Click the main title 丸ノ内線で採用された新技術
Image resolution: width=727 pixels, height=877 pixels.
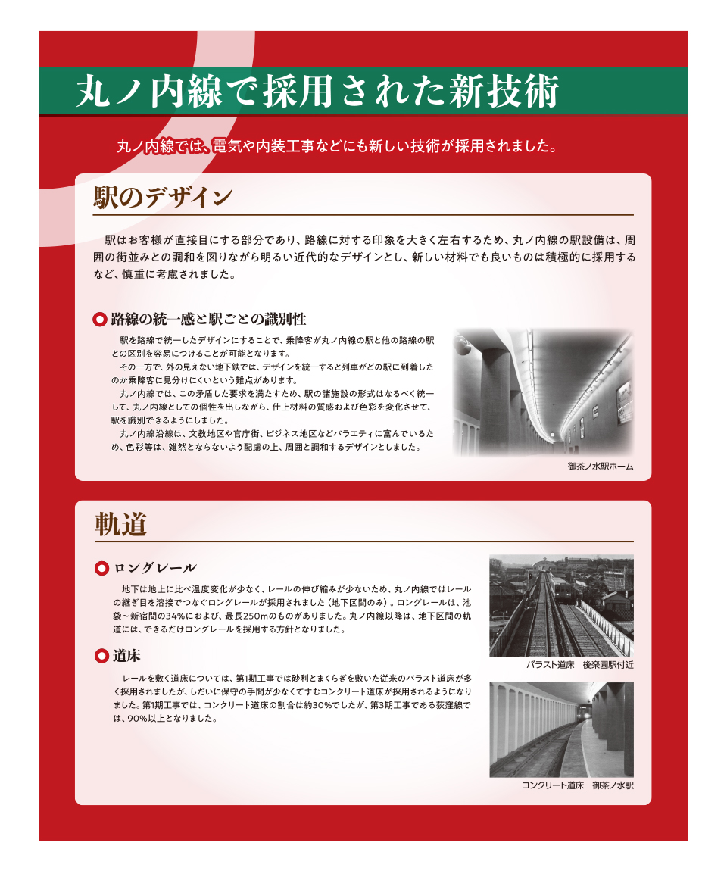[317, 91]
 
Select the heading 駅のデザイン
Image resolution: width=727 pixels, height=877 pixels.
[163, 198]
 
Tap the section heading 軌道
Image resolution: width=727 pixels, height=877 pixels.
[121, 525]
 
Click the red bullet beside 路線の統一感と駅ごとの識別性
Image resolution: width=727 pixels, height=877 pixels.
[99, 320]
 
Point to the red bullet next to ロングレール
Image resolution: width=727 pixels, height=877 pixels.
[101, 568]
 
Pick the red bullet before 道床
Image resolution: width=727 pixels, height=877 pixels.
[101, 656]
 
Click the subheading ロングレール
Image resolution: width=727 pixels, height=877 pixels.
[155, 568]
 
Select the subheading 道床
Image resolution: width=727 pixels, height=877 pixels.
[126, 656]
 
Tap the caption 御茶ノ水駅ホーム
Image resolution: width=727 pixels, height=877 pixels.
[601, 467]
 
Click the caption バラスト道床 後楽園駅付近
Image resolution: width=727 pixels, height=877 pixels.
[579, 665]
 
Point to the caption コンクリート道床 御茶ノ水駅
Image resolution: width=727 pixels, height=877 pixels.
[578, 786]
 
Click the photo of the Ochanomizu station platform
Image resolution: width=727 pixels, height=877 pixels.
[543, 392]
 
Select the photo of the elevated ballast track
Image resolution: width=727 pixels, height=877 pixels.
[561, 606]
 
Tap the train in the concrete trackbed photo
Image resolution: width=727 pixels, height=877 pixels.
[585, 711]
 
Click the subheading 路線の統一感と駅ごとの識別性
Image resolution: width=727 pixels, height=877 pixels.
[208, 320]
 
